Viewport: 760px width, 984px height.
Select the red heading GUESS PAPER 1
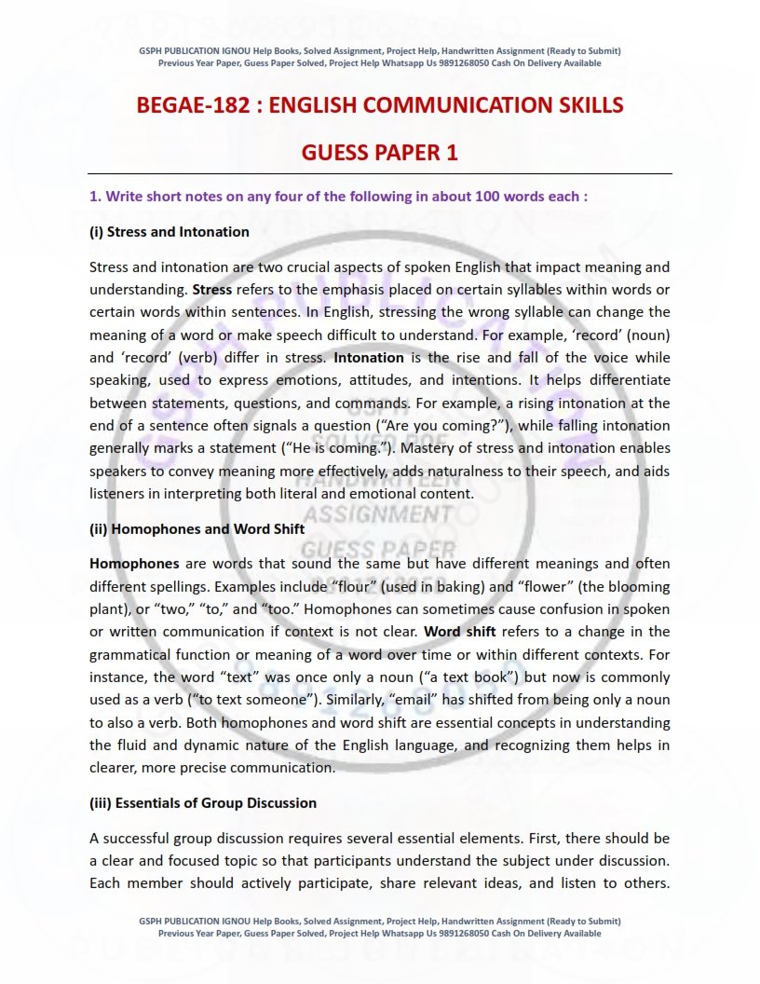tap(379, 153)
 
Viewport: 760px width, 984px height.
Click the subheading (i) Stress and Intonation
tap(170, 231)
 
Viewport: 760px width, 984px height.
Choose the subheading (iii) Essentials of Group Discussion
tap(203, 802)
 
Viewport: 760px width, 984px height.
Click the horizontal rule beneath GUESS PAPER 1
tap(380, 174)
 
